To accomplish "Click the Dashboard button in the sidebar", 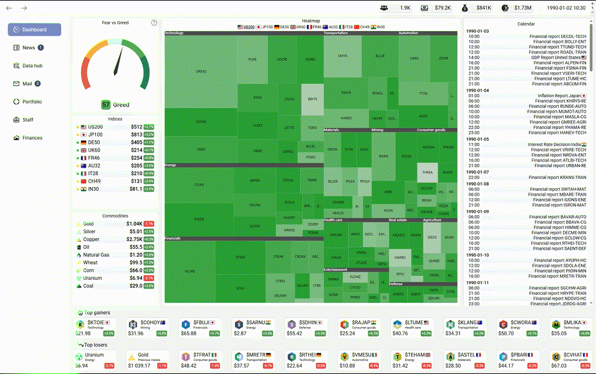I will click(34, 30).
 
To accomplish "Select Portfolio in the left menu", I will click(32, 102).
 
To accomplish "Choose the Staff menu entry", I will click(28, 120).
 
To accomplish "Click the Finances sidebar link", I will click(32, 138).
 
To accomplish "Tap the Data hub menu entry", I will click(32, 65).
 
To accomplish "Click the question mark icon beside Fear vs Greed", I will click(154, 23).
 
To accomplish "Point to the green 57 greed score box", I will click(106, 105).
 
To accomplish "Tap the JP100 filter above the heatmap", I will click(267, 27).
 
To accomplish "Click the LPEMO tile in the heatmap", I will click(201, 72).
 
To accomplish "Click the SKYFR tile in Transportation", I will click(342, 56).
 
